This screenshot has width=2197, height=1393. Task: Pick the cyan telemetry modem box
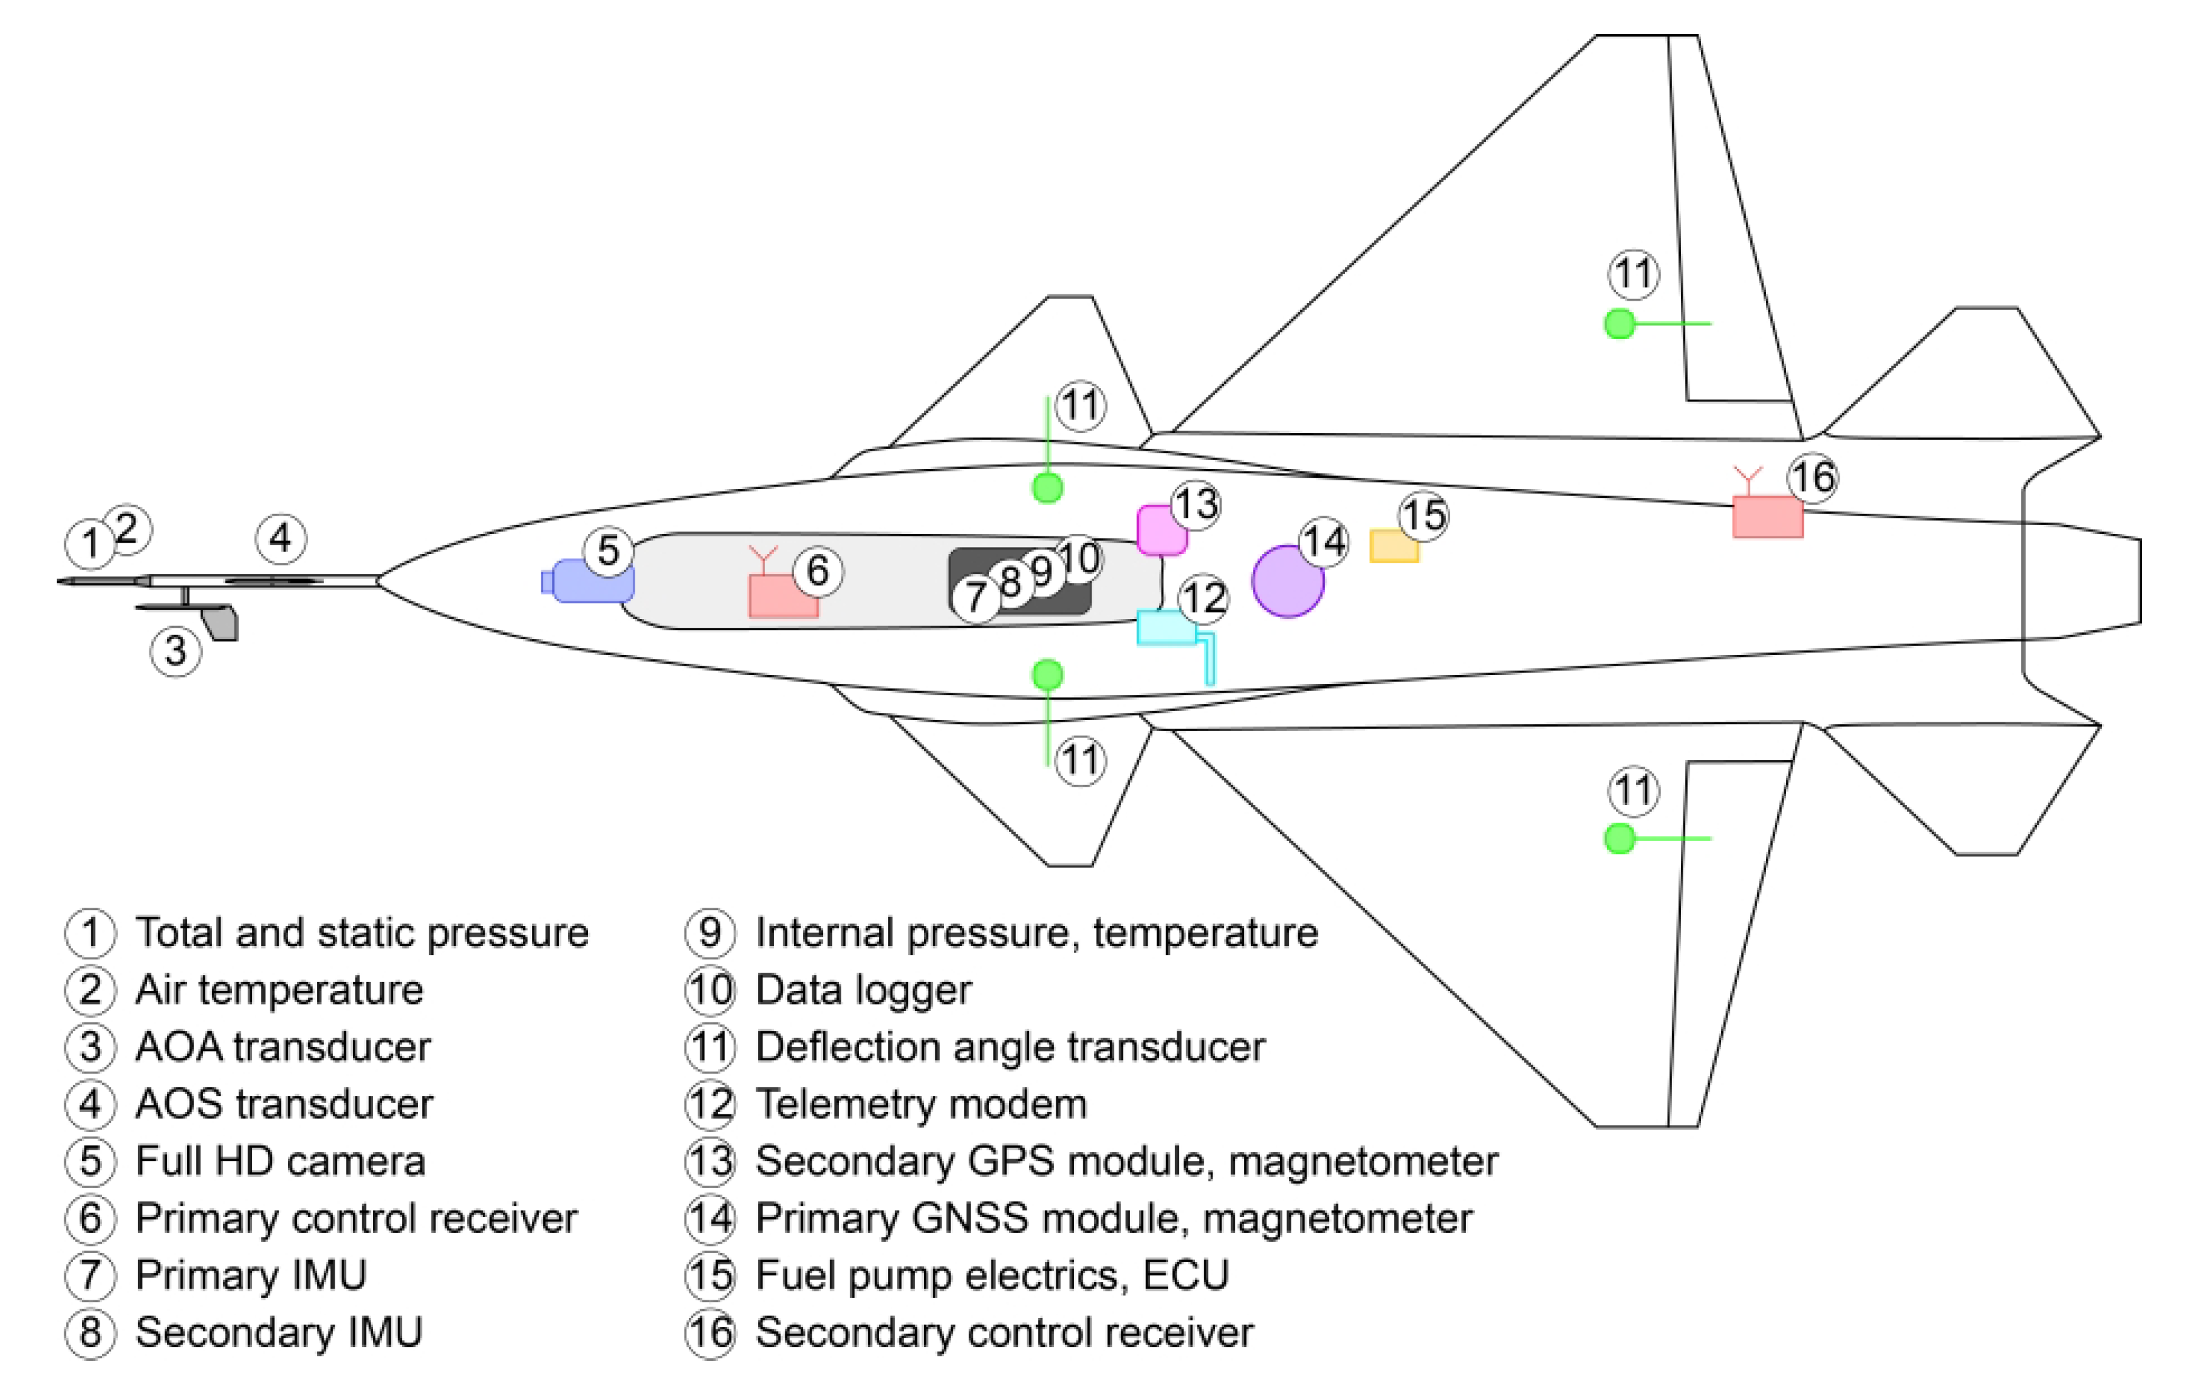click(x=1166, y=628)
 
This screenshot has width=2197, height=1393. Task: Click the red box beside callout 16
click(x=1767, y=517)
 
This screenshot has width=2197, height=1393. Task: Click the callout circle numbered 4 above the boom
click(x=280, y=538)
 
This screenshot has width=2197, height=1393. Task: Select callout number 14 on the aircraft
click(x=1323, y=542)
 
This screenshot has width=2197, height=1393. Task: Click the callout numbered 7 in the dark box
click(x=976, y=598)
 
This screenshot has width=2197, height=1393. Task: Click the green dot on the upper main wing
click(x=1620, y=323)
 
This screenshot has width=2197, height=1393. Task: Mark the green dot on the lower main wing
click(x=1620, y=838)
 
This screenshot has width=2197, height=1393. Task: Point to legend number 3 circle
click(x=89, y=1047)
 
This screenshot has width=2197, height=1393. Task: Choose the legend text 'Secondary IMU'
click(x=279, y=1332)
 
